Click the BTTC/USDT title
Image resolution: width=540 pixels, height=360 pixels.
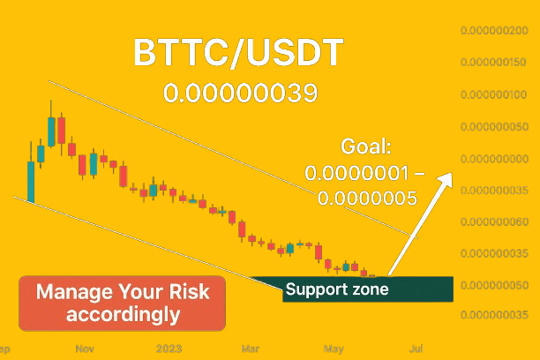[x=238, y=52]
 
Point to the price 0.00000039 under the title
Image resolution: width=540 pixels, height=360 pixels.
[x=240, y=93]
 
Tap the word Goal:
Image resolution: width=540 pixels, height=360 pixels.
[x=366, y=146]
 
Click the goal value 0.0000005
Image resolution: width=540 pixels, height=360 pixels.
[x=367, y=198]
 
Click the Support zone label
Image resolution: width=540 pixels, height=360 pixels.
[x=337, y=289]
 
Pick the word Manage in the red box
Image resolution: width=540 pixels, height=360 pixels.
[x=74, y=292]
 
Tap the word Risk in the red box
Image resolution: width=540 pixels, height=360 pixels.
[x=189, y=291]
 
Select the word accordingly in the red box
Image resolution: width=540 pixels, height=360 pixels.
[x=123, y=314]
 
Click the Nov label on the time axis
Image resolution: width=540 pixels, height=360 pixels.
[x=85, y=349]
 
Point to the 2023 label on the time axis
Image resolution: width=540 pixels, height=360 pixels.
[x=169, y=349]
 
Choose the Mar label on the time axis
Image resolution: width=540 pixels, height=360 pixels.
[x=251, y=349]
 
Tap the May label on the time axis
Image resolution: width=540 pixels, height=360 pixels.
[x=334, y=349]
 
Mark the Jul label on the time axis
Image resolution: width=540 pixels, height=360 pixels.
[x=416, y=349]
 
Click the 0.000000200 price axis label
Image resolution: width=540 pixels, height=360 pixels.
[x=494, y=30]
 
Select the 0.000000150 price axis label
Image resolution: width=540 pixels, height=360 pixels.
[x=493, y=62]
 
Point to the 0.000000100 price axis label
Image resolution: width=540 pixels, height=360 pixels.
[x=493, y=94]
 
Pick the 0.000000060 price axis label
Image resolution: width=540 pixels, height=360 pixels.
[x=494, y=221]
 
